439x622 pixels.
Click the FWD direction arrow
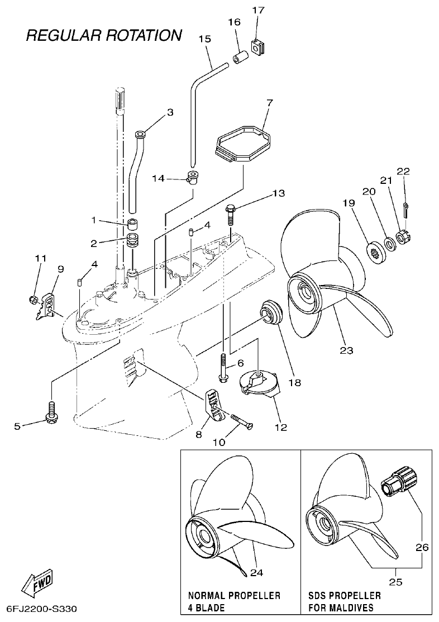37,584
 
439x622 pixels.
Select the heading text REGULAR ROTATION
104,35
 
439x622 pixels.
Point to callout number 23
347,350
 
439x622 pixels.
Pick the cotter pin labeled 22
407,211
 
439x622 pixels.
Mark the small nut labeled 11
33,300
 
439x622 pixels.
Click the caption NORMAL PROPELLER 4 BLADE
234,601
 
